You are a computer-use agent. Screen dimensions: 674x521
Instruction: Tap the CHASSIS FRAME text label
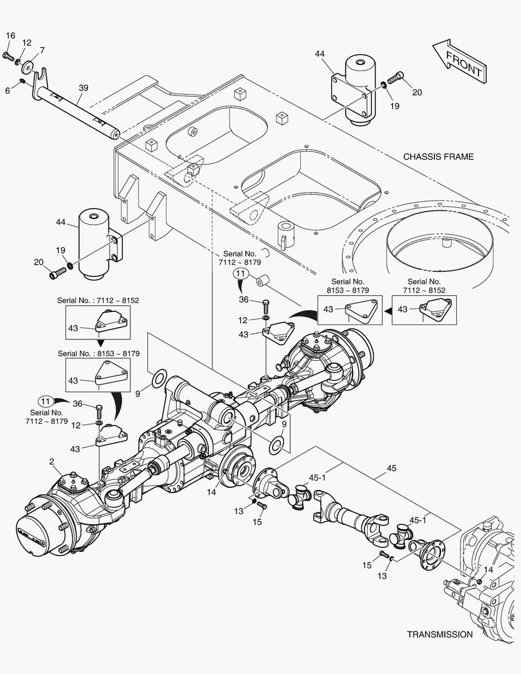438,157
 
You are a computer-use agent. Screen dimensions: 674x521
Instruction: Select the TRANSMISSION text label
439,634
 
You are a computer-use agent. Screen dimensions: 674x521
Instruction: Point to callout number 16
10,36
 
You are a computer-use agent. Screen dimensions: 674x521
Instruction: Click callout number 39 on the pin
82,89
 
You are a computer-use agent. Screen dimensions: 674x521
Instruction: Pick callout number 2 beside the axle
52,462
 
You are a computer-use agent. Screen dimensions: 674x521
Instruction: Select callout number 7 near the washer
42,50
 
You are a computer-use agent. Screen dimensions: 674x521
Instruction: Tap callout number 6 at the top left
7,90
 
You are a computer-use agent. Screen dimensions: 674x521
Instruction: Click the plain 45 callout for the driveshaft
391,467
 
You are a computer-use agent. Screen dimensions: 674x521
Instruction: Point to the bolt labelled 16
8,57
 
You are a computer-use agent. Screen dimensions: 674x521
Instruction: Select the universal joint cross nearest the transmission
401,537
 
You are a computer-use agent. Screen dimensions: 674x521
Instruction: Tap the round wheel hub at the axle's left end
39,532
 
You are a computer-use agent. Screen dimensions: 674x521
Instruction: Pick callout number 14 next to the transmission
487,570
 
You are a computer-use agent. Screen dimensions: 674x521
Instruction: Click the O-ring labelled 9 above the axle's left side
159,378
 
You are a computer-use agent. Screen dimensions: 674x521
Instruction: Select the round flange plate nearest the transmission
430,554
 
